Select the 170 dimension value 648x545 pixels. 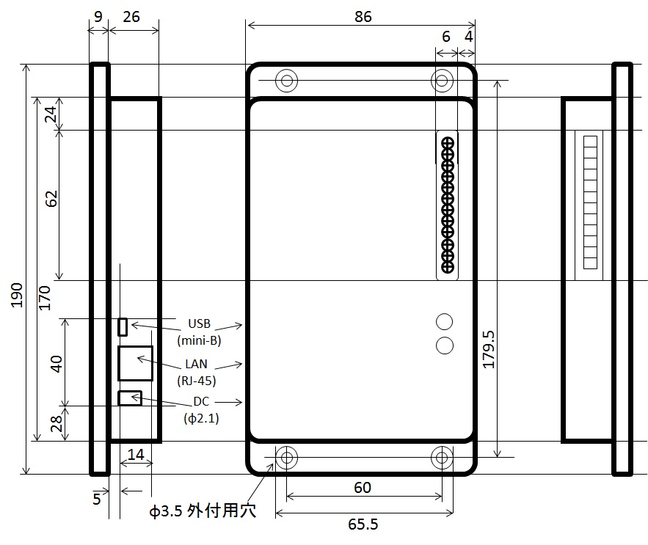point(45,298)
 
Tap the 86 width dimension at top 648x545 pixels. point(363,17)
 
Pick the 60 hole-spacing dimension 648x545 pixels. point(362,488)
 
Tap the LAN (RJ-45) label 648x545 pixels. point(196,372)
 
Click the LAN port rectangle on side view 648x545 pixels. point(135,363)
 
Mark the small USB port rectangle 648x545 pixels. point(123,326)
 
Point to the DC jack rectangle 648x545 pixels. point(130,398)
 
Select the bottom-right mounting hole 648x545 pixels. point(442,458)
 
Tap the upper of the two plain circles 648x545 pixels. point(444,321)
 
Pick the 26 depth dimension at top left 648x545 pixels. point(133,17)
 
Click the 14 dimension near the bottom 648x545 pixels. point(136,455)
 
